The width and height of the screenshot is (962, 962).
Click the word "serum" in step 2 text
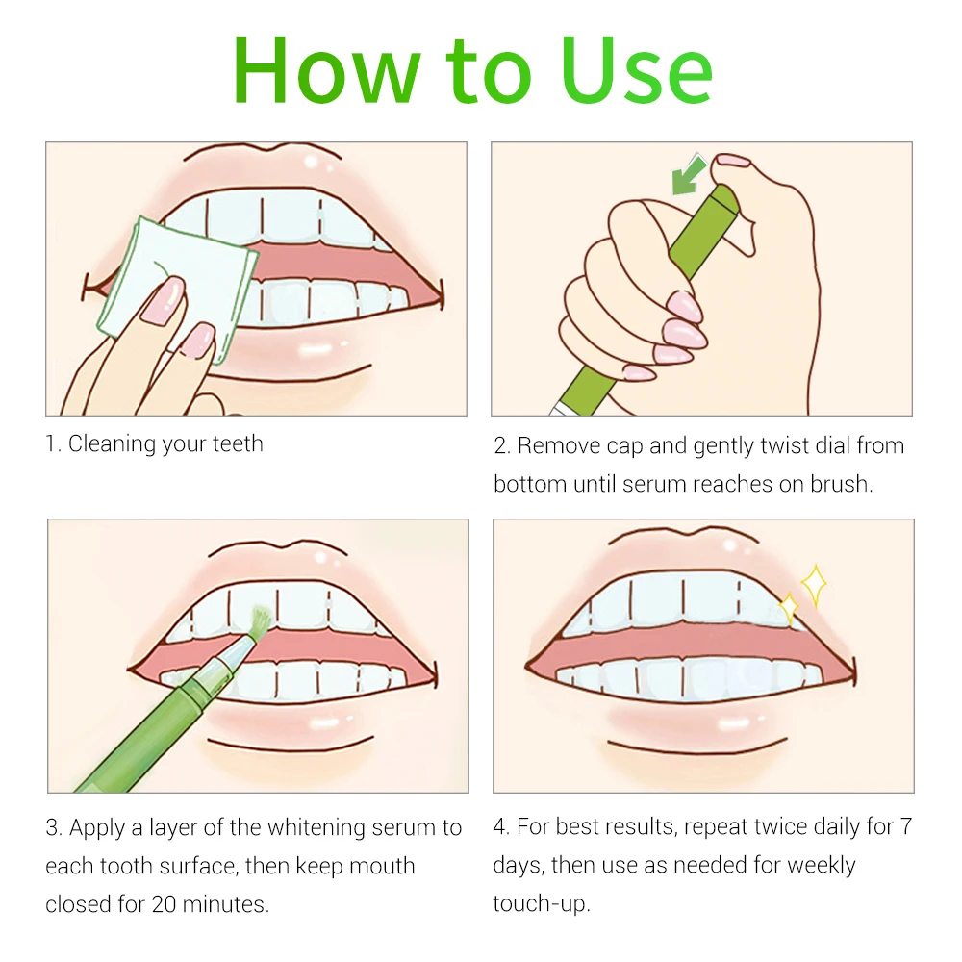[x=656, y=484]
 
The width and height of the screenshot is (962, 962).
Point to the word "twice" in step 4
[x=777, y=826]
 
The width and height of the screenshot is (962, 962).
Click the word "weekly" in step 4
[x=821, y=866]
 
